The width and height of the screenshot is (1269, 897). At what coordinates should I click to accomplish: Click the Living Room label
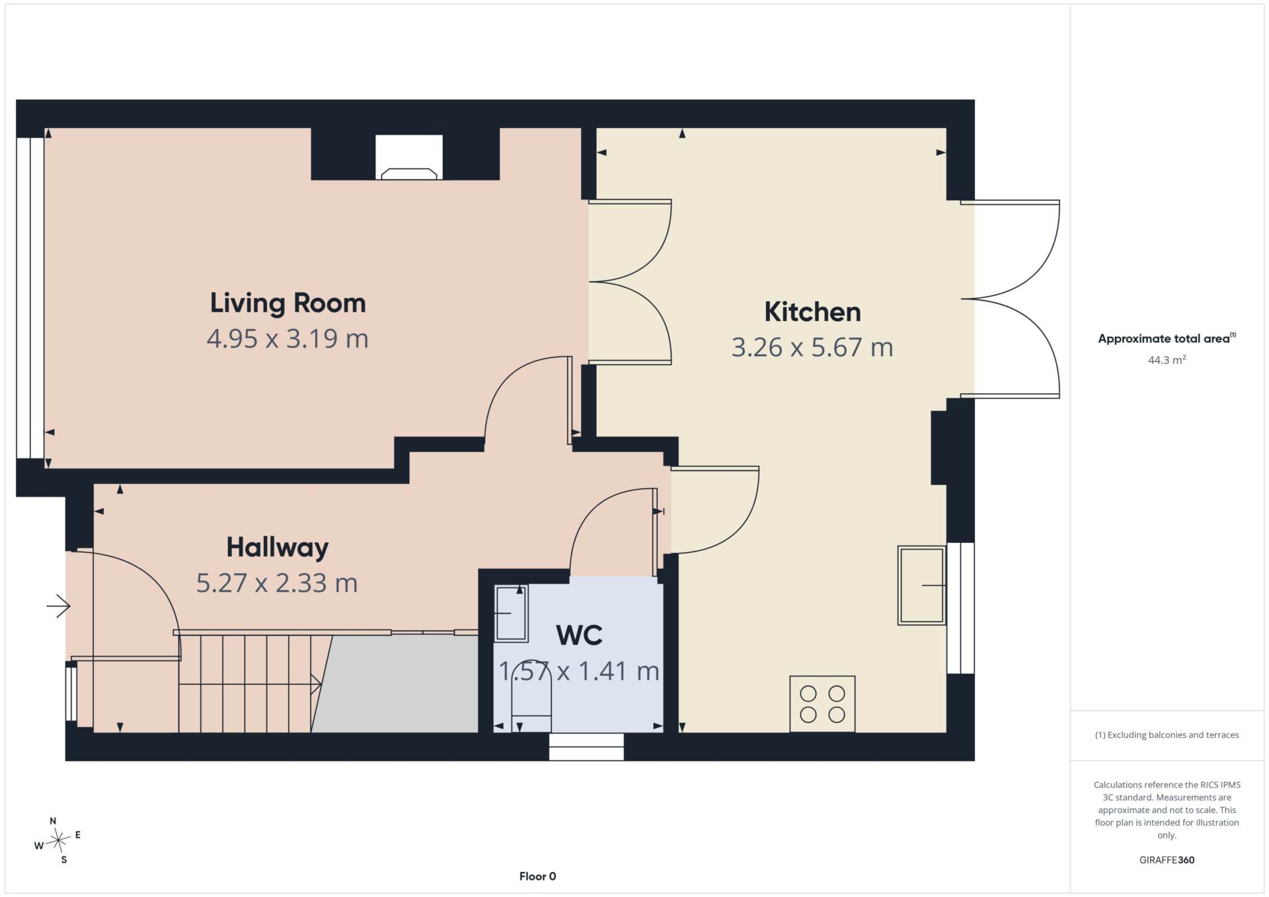pyautogui.click(x=288, y=303)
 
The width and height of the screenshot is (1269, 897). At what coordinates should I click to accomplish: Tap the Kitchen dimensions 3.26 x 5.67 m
pyautogui.click(x=812, y=347)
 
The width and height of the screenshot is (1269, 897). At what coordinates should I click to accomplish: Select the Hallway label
pyautogui.click(x=278, y=548)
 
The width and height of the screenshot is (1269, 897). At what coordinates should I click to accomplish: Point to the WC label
pyautogui.click(x=580, y=635)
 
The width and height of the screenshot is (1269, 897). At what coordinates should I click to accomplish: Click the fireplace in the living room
pyautogui.click(x=409, y=157)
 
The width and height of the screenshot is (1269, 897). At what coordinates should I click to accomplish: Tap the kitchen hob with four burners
pyautogui.click(x=822, y=703)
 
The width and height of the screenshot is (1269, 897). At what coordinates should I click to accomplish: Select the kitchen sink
pyautogui.click(x=921, y=585)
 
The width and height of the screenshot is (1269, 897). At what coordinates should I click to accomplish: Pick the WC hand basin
pyautogui.click(x=511, y=613)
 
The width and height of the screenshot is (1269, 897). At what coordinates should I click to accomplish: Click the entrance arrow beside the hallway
pyautogui.click(x=59, y=605)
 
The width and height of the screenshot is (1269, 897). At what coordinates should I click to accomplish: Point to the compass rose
pyautogui.click(x=58, y=840)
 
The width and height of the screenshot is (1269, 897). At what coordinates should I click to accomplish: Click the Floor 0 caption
pyautogui.click(x=537, y=877)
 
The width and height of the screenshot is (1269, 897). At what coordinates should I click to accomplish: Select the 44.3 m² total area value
pyautogui.click(x=1167, y=360)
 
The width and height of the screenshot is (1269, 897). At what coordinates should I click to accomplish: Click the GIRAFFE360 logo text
pyautogui.click(x=1167, y=860)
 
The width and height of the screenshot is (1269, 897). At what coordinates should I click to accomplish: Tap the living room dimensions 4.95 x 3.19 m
pyautogui.click(x=288, y=339)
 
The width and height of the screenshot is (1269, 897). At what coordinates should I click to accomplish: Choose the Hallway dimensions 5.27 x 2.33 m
pyautogui.click(x=277, y=583)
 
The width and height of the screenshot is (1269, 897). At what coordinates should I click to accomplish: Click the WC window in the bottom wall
pyautogui.click(x=586, y=747)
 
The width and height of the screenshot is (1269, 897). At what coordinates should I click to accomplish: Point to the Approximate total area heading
pyautogui.click(x=1167, y=338)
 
